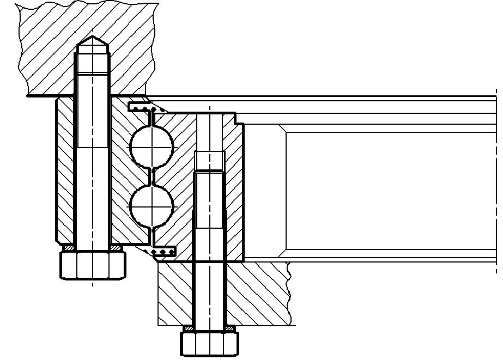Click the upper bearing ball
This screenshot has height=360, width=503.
(x=151, y=145)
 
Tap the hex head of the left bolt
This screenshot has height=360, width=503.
(x=92, y=265)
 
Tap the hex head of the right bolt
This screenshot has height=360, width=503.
(x=210, y=344)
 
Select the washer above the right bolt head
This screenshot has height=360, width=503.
(x=210, y=328)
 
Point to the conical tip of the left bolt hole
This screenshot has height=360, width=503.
(x=92, y=41)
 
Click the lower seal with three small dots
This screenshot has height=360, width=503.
(x=164, y=252)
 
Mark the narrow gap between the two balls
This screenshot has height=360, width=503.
(x=151, y=176)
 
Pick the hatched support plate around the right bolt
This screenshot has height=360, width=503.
(x=256, y=294)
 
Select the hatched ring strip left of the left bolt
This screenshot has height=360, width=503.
(x=64, y=169)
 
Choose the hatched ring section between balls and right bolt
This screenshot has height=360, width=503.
(x=180, y=180)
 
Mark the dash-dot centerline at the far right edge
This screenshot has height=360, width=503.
(x=496, y=180)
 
